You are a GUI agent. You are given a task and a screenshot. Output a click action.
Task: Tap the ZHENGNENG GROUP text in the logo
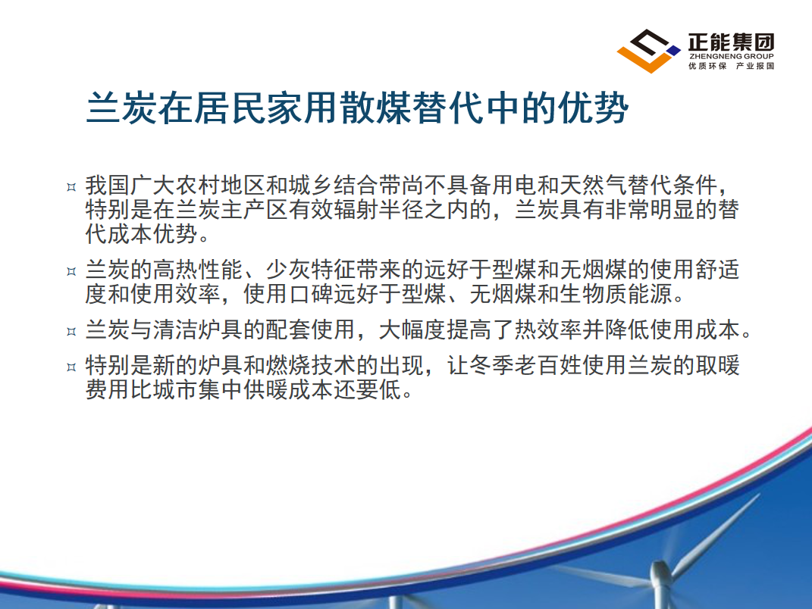(x=731, y=56)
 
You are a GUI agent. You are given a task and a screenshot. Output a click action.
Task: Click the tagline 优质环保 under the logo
(x=707, y=66)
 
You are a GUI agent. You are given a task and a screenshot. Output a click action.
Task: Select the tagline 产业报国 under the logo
(x=755, y=66)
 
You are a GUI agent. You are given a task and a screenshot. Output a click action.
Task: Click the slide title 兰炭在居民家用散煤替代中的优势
(x=357, y=108)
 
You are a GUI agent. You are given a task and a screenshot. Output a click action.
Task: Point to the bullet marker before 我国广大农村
(x=71, y=187)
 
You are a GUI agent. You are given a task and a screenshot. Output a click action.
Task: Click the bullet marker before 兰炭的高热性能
(x=71, y=271)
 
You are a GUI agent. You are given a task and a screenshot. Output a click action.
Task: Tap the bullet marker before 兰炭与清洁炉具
(x=71, y=331)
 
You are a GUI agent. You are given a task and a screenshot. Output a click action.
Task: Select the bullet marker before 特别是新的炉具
(x=71, y=367)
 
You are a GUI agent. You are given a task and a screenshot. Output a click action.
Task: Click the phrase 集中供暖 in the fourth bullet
(x=243, y=389)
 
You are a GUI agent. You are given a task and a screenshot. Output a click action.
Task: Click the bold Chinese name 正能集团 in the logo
(x=731, y=42)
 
